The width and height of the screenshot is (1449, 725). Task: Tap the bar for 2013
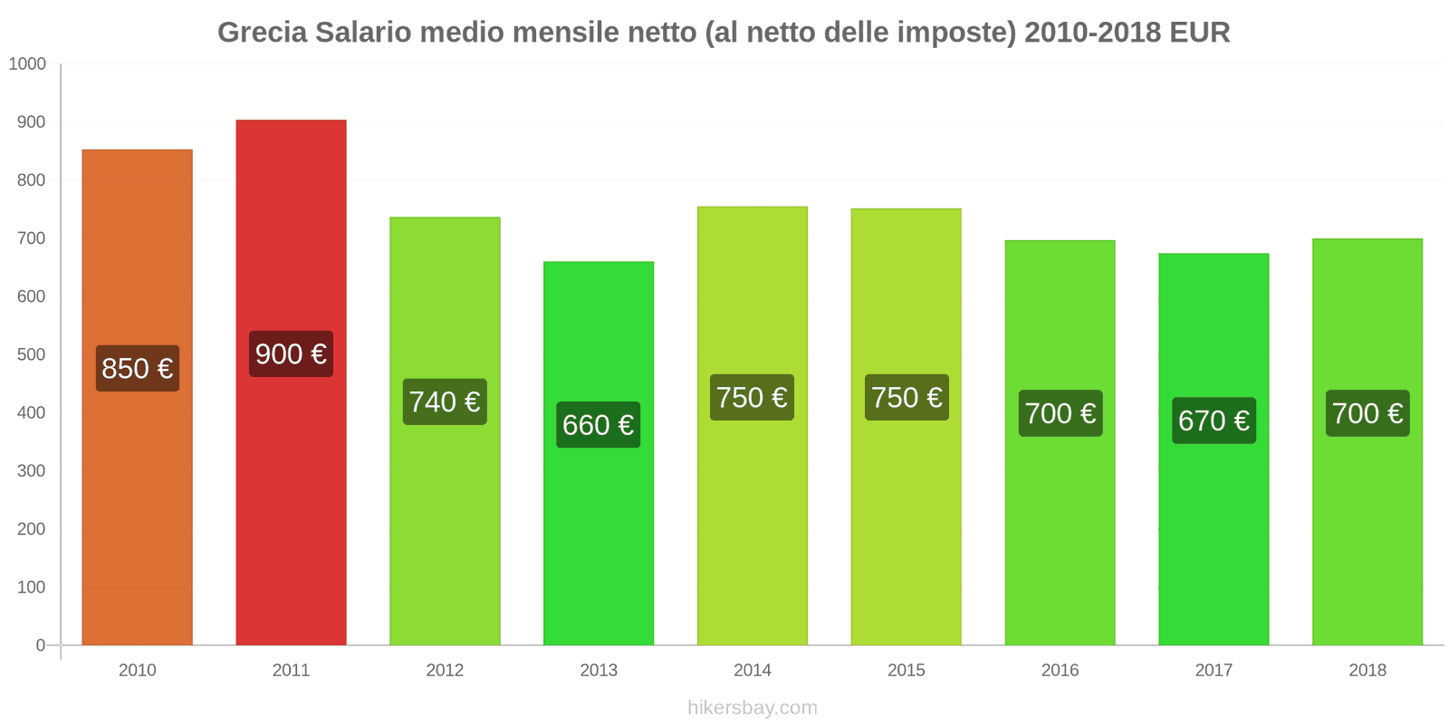click(x=599, y=526)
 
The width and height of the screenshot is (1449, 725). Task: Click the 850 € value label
click(x=138, y=369)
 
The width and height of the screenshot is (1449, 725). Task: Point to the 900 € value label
click(x=291, y=354)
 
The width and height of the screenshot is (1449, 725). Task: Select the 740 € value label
click(x=445, y=401)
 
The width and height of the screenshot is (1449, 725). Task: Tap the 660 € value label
click(x=599, y=425)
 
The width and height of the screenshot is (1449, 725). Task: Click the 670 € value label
click(x=1214, y=420)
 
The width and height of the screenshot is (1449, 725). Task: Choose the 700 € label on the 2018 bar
click(x=1367, y=413)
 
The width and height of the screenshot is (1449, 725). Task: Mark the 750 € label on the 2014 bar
click(x=752, y=398)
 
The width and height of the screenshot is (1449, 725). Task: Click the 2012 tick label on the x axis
click(x=445, y=671)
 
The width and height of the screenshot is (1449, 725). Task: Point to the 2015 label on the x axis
click(x=907, y=671)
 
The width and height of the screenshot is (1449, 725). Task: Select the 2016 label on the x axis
click(x=1060, y=671)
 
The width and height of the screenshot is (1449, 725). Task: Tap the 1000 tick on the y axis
click(x=27, y=64)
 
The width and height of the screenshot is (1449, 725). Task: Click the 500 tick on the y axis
click(x=31, y=354)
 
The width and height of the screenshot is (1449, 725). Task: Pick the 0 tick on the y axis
click(x=40, y=645)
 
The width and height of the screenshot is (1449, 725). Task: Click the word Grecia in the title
click(x=262, y=33)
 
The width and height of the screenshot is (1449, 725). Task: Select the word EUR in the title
click(x=1199, y=33)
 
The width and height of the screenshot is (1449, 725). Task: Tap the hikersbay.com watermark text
click(x=753, y=708)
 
